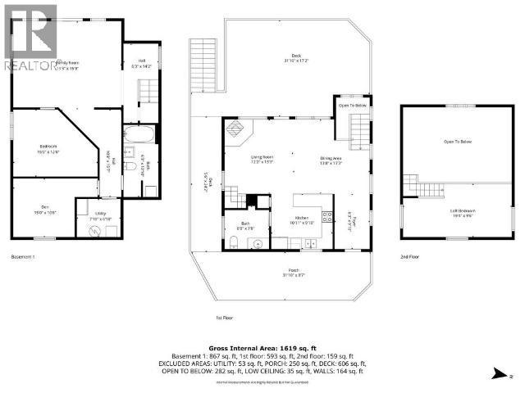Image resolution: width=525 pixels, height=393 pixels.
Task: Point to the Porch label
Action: click(293, 271)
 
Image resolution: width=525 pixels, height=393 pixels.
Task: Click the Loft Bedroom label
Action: click(463, 212)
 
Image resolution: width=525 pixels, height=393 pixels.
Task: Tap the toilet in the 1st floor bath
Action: click(235, 242)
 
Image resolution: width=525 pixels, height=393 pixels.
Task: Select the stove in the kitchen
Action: click(326, 218)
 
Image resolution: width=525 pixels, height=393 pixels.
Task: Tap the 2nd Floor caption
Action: click(410, 256)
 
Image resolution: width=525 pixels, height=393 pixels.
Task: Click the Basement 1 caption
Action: click(23, 256)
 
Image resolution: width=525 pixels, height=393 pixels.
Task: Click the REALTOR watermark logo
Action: click(30, 37)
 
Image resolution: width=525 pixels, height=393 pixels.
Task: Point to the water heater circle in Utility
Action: click(94, 230)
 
